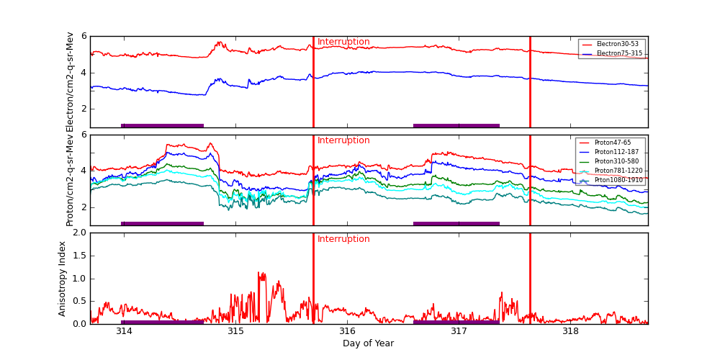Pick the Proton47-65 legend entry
[612, 143]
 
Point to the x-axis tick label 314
[124, 332]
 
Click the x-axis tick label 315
[235, 332]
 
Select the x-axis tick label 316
[347, 332]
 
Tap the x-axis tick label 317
[459, 332]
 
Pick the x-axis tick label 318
[570, 332]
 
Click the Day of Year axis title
[368, 343]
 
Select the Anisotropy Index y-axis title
[63, 279]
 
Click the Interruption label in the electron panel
[343, 42]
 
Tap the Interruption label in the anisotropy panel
[343, 240]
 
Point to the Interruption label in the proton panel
[343, 141]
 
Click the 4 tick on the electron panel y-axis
[84, 73]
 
